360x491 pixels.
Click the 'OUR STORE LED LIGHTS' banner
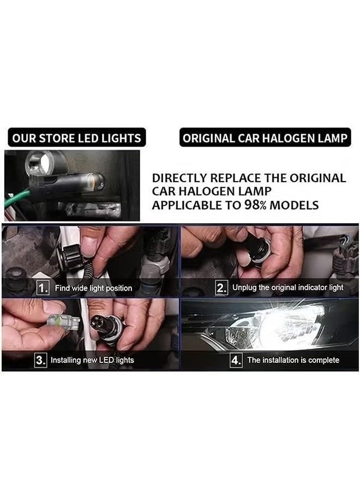click(x=76, y=138)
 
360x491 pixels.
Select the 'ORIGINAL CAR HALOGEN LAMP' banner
click(x=265, y=138)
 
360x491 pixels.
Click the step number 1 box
click(x=43, y=288)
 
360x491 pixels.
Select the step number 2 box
click(x=221, y=288)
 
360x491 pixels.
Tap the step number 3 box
click(x=40, y=360)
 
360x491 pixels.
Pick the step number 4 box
click(x=236, y=360)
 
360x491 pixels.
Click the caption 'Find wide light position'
click(x=93, y=288)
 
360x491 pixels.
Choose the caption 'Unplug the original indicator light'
click(x=287, y=288)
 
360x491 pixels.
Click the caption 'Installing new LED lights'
click(x=92, y=360)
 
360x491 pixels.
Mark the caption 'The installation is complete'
click(x=293, y=360)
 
